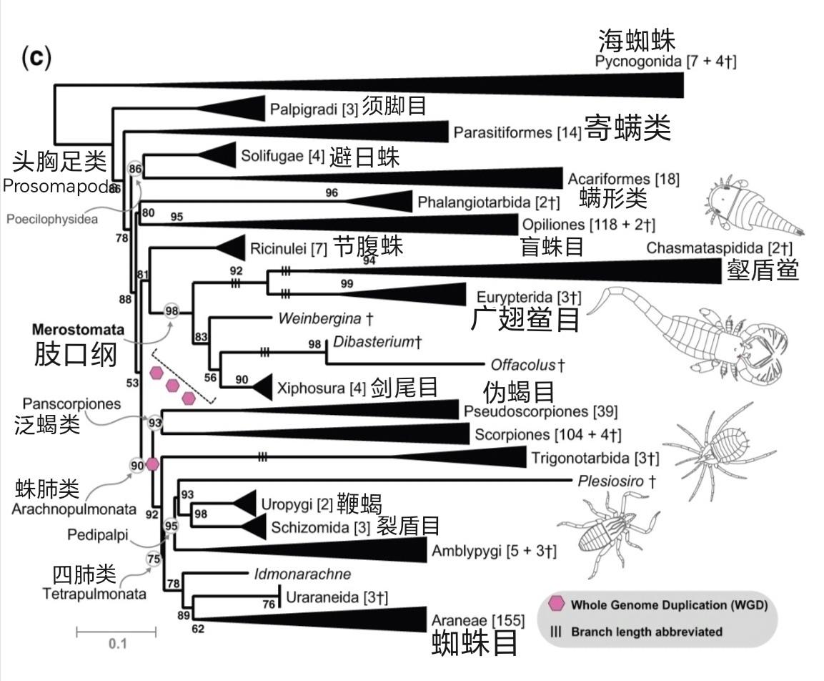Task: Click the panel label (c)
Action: (36, 58)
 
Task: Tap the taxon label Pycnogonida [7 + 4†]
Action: (665, 61)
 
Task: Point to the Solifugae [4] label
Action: (282, 156)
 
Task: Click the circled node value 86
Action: (135, 169)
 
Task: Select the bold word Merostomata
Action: (78, 330)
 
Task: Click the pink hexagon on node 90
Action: (152, 464)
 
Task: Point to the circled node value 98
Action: (172, 310)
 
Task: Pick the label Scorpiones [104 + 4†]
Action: (547, 434)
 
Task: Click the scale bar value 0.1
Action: (116, 643)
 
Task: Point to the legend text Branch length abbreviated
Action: (637, 632)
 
